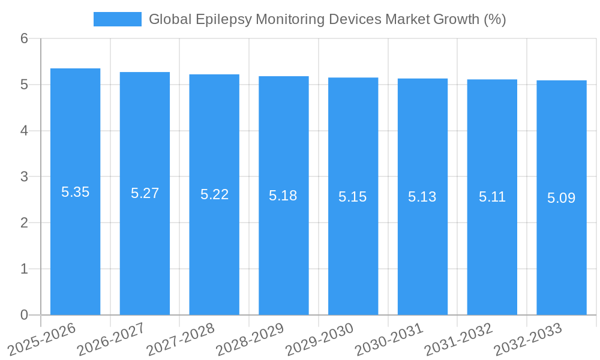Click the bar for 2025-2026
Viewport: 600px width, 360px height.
coord(75,192)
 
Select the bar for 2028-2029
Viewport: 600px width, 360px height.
coord(283,196)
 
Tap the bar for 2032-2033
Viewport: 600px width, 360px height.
coord(561,198)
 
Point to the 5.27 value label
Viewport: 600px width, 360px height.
coord(145,193)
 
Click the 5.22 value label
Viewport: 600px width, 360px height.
coord(214,194)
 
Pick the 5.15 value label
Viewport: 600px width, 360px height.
coord(353,197)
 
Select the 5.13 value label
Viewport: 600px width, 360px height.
coord(422,197)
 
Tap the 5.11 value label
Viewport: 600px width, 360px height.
coord(492,197)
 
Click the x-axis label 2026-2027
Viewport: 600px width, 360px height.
coord(111,340)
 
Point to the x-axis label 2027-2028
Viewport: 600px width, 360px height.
coord(180,340)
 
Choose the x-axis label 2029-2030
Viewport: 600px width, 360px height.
coord(319,340)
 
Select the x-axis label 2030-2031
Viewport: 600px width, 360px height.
coord(389,340)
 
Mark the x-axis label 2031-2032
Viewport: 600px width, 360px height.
coord(458,340)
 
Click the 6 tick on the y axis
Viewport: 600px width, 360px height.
coord(24,38)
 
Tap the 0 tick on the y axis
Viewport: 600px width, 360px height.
coord(24,315)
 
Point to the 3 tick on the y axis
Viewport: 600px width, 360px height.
coord(24,177)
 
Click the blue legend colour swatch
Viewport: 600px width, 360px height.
coord(118,19)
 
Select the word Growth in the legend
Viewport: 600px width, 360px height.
coord(456,19)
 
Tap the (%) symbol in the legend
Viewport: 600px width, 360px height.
coord(495,19)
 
